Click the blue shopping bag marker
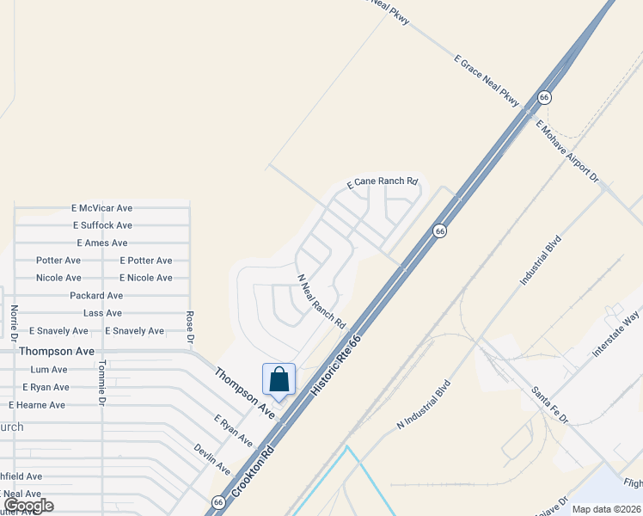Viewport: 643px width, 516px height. pyautogui.click(x=279, y=380)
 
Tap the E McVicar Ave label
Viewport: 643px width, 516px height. pyautogui.click(x=102, y=208)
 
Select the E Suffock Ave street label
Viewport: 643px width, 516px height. pyautogui.click(x=102, y=225)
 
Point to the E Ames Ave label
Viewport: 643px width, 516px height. pyautogui.click(x=102, y=243)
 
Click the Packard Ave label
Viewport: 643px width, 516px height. pyautogui.click(x=96, y=296)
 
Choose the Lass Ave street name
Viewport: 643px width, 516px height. pyautogui.click(x=102, y=313)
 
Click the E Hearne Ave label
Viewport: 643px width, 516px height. pyautogui.click(x=37, y=405)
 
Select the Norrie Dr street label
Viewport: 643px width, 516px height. pyautogui.click(x=15, y=322)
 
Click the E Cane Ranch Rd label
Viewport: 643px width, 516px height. pyautogui.click(x=383, y=183)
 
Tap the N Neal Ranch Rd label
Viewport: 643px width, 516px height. pyautogui.click(x=321, y=302)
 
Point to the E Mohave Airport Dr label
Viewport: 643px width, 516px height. pyautogui.click(x=566, y=150)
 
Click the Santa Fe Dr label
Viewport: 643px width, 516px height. pyautogui.click(x=550, y=404)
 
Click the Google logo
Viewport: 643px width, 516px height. pyautogui.click(x=28, y=506)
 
